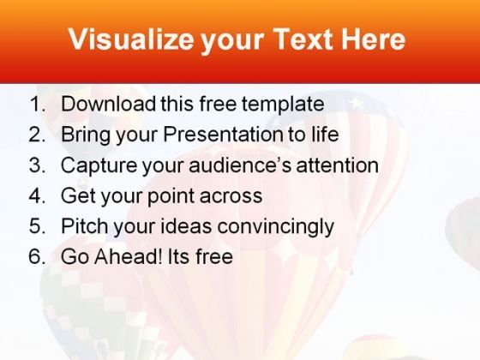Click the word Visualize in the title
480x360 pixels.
131,39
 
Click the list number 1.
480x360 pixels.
38,104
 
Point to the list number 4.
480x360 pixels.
37,195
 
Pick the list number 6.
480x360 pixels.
37,256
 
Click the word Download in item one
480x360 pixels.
108,103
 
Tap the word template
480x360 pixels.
283,105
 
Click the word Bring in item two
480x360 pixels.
86,135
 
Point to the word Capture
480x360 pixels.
99,165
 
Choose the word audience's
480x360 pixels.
240,165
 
